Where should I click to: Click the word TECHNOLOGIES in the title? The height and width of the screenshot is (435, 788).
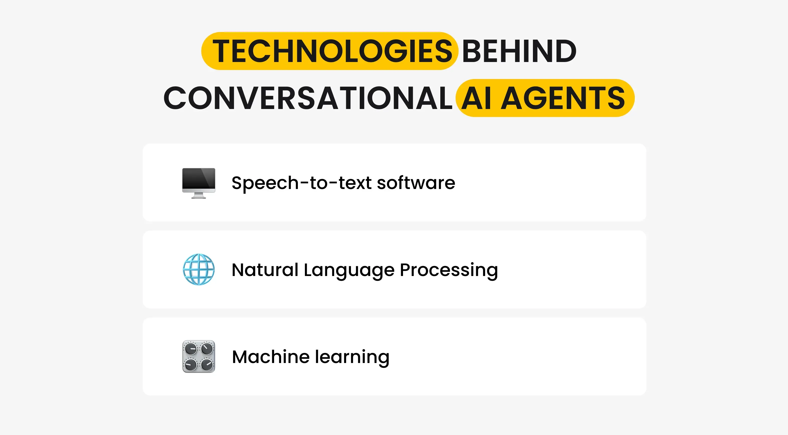(x=332, y=51)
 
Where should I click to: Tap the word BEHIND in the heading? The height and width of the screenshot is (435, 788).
(x=519, y=51)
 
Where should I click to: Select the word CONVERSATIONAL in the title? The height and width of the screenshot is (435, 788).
(x=308, y=98)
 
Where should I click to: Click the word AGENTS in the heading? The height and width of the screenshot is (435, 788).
(x=563, y=98)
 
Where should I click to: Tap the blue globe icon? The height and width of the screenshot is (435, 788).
(x=199, y=269)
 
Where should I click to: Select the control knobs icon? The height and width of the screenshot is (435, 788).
(x=199, y=356)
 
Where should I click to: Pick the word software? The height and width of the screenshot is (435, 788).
(x=416, y=183)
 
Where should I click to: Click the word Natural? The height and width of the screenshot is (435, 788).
(x=265, y=270)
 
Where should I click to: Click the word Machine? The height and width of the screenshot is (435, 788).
(x=271, y=357)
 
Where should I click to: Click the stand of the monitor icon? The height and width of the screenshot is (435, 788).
(x=199, y=195)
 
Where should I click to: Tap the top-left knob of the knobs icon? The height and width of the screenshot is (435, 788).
(x=190, y=348)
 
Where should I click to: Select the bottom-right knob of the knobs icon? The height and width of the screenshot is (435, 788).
(x=207, y=364)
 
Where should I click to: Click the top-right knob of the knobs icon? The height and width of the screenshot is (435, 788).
(x=207, y=348)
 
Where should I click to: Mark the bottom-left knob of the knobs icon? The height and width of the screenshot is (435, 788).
(x=190, y=364)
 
